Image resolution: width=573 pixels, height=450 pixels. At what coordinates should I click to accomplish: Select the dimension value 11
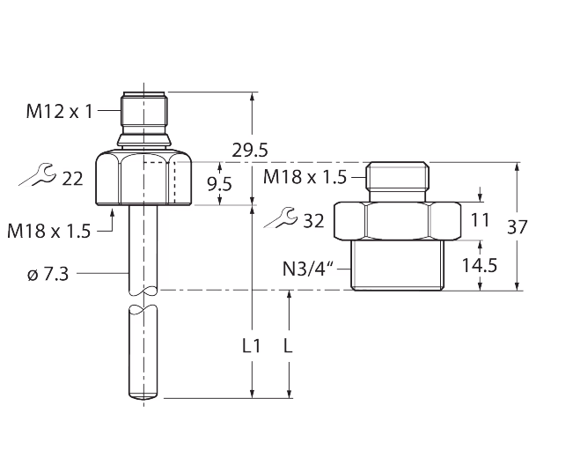(x=479, y=219)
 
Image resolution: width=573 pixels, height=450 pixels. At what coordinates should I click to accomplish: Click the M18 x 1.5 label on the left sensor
(x=49, y=231)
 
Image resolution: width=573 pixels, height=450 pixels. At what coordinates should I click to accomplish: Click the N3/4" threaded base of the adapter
(x=397, y=264)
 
